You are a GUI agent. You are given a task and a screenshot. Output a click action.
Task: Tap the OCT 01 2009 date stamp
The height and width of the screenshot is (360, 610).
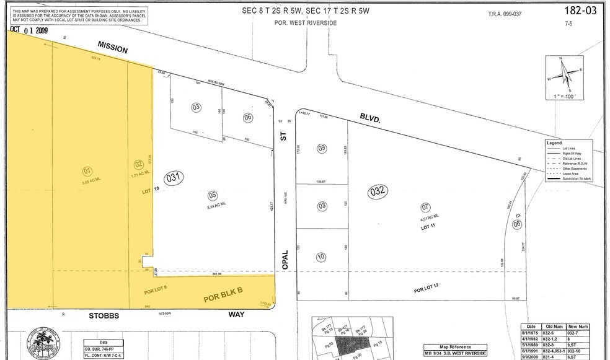point(29,29)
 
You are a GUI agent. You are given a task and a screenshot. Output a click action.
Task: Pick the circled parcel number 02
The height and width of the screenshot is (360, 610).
point(139,165)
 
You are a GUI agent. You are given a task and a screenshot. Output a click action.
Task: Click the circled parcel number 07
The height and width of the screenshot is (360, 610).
point(425,207)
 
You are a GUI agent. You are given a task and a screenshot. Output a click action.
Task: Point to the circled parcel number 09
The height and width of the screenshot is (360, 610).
point(321,148)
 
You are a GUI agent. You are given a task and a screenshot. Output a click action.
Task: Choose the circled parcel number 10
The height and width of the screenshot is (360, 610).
point(321,256)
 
